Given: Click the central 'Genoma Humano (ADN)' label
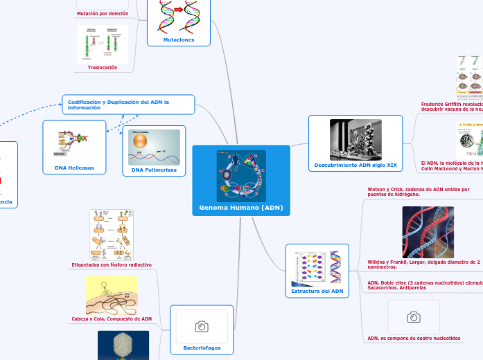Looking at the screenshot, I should [x=240, y=208].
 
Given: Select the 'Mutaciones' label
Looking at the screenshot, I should [x=178, y=40].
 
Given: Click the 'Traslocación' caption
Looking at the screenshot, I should [x=103, y=67].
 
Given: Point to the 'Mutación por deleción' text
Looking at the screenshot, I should [x=102, y=13].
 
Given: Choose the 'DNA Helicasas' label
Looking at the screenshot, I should [x=74, y=168].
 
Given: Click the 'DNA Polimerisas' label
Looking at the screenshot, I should [x=154, y=170].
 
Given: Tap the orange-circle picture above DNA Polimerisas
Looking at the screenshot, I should [x=154, y=146].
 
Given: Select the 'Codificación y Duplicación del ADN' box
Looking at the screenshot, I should [x=128, y=105].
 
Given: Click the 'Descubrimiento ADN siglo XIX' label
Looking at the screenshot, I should [x=355, y=165].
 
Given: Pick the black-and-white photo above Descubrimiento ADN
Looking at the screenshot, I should [x=355, y=140].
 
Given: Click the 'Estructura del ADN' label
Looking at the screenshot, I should [x=317, y=291].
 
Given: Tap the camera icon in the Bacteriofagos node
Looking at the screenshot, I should [x=202, y=326].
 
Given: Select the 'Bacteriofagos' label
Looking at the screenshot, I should [x=202, y=348].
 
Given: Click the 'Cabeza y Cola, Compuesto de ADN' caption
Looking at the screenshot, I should [x=112, y=318].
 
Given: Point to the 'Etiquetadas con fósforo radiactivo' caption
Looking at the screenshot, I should [x=112, y=265].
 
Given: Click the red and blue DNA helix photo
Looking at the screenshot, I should [x=428, y=232].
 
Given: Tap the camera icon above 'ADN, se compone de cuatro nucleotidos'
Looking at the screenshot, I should [x=414, y=317].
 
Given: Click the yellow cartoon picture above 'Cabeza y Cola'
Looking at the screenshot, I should [x=112, y=296].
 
